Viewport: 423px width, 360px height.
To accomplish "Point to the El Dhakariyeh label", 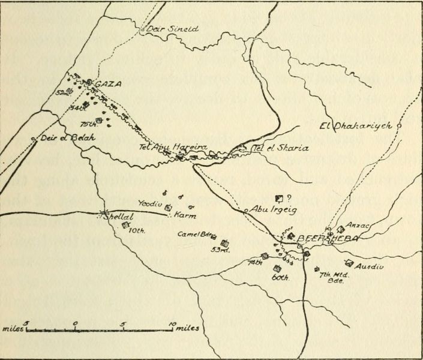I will (356, 126).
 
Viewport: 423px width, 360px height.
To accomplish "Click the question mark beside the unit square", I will (290, 197).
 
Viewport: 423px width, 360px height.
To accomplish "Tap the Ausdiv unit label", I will (370, 266).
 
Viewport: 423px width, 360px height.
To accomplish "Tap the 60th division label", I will (281, 278).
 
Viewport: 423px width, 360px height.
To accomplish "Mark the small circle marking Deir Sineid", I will (143, 28).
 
